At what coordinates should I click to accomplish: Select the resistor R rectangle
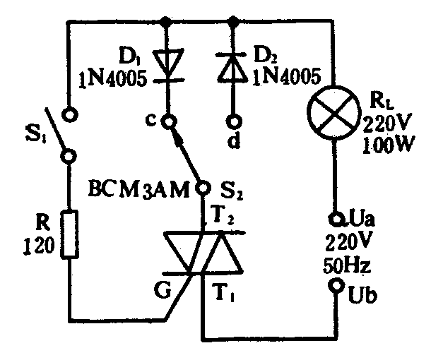pos(69,233)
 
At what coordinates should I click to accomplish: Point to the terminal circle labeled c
pos(168,121)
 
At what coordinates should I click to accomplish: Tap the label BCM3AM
pos(138,189)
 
